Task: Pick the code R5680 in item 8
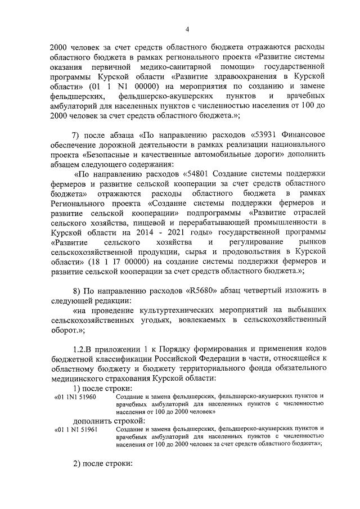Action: pyautogui.click(x=199, y=290)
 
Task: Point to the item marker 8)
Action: pyautogui.click(x=79, y=290)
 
